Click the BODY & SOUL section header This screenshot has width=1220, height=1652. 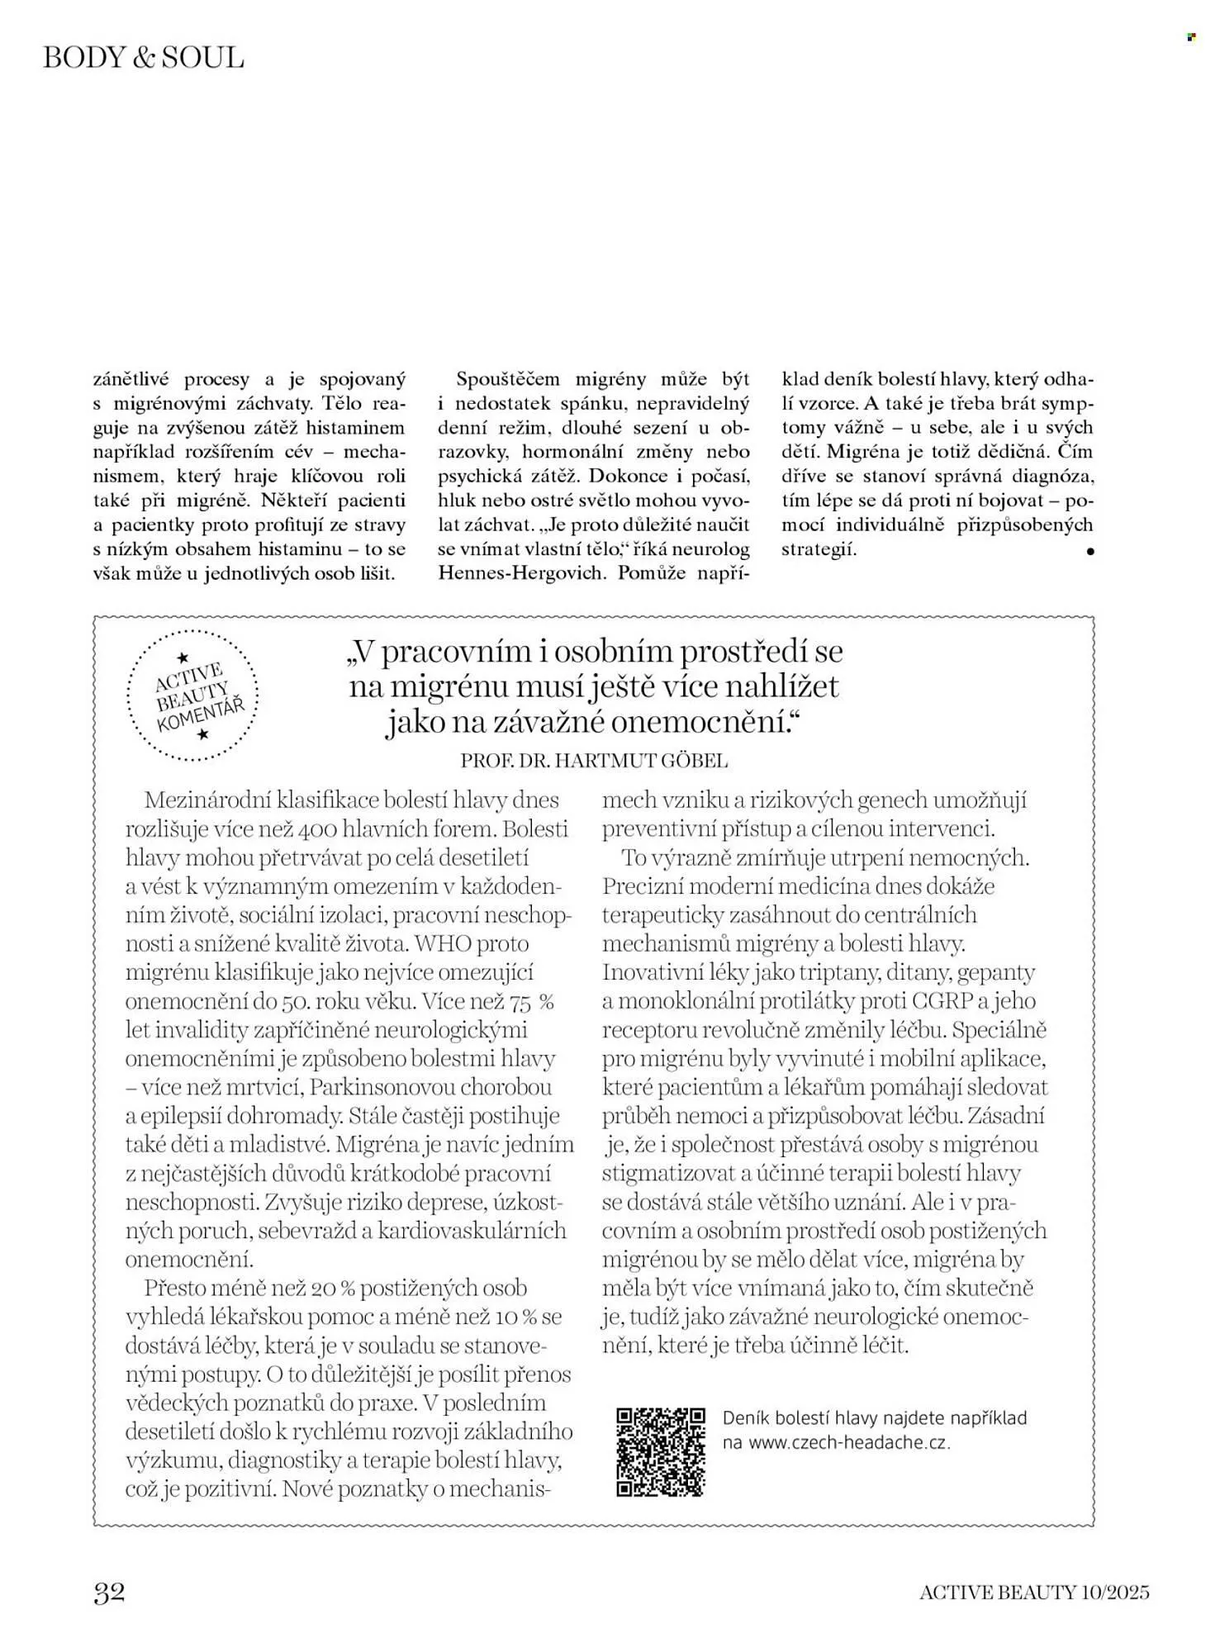[144, 58]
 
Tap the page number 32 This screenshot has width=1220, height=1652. [109, 1592]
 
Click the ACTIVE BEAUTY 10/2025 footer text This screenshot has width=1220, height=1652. [1034, 1593]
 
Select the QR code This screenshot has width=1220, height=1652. [661, 1452]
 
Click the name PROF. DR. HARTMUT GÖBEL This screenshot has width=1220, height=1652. [594, 761]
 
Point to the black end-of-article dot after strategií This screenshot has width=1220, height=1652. [1090, 551]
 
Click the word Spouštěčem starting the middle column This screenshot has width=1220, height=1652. [507, 379]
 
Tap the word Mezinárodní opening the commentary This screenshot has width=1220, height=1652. [207, 800]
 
